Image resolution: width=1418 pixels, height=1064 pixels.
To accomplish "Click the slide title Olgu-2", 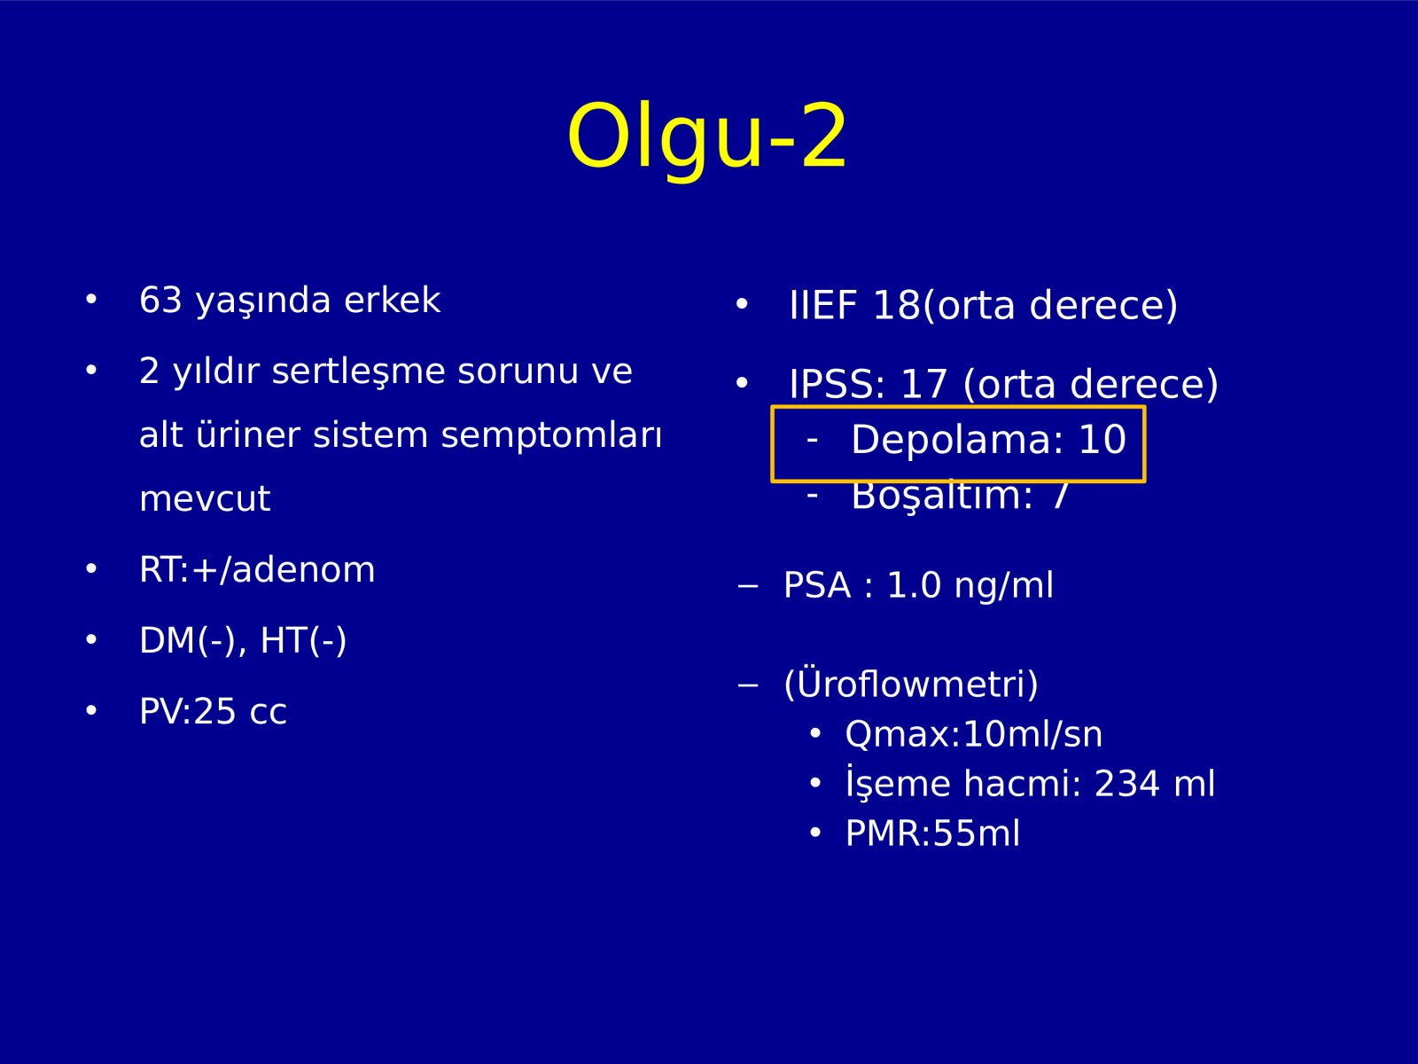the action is (x=706, y=137).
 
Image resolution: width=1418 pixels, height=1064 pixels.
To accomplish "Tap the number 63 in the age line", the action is (x=161, y=300).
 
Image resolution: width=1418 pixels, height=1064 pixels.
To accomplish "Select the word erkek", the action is (x=392, y=300).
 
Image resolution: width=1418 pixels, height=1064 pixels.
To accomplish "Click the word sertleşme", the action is (x=359, y=372).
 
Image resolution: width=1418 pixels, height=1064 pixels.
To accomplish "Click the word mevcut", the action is (x=205, y=498).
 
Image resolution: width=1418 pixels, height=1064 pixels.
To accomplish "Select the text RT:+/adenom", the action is (x=257, y=570).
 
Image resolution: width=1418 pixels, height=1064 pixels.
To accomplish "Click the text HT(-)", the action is (x=304, y=641).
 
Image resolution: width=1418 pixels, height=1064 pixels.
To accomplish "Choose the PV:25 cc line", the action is (x=214, y=711).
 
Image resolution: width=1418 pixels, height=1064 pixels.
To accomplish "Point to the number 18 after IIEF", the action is (x=896, y=305).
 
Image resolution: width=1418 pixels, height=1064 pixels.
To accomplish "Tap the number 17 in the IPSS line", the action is (x=923, y=385).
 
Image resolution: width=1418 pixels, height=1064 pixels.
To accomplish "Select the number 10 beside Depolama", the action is (x=1102, y=440).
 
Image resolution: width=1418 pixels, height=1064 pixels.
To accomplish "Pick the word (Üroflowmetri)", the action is (x=911, y=685).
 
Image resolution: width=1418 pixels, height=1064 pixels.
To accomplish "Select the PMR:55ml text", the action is (x=933, y=833).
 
